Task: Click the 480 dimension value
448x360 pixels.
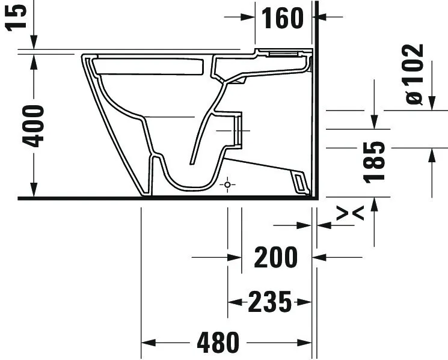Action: tap(218, 343)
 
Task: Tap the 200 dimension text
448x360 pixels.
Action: tap(276, 257)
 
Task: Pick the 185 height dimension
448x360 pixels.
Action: tap(375, 161)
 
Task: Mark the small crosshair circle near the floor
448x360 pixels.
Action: tap(227, 185)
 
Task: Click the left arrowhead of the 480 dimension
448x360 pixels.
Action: tap(147, 343)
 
